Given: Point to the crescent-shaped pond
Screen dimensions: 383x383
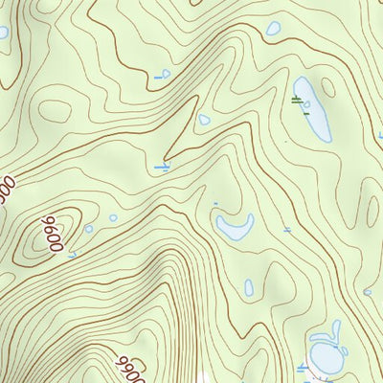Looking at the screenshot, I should pyautogui.click(x=234, y=227).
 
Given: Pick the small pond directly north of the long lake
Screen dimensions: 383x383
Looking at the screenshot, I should pyautogui.click(x=273, y=29).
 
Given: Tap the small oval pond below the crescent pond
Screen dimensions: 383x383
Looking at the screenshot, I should pyautogui.click(x=249, y=287).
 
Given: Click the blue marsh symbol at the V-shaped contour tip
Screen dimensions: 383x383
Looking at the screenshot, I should pyautogui.click(x=163, y=167).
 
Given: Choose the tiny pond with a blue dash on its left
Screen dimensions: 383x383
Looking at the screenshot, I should pyautogui.click(x=166, y=73).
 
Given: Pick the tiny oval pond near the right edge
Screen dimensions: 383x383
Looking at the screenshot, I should pyautogui.click(x=368, y=292).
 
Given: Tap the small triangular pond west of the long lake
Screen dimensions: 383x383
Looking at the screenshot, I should pyautogui.click(x=204, y=120).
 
